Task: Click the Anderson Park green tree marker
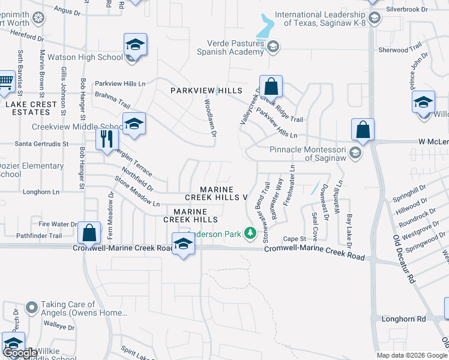pyautogui.click(x=252, y=233)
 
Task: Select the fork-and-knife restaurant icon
pyautogui.click(x=107, y=139)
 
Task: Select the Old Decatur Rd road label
pyautogui.click(x=405, y=258)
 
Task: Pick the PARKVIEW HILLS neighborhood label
pyautogui.click(x=206, y=91)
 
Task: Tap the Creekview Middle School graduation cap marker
pyautogui.click(x=134, y=124)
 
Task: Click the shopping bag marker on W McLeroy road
pyautogui.click(x=363, y=129)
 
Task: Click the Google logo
pyautogui.click(x=20, y=353)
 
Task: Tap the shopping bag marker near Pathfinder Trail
pyautogui.click(x=89, y=232)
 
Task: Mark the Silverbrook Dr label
pyautogui.click(x=407, y=10)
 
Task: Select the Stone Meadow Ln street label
pyautogui.click(x=137, y=192)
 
